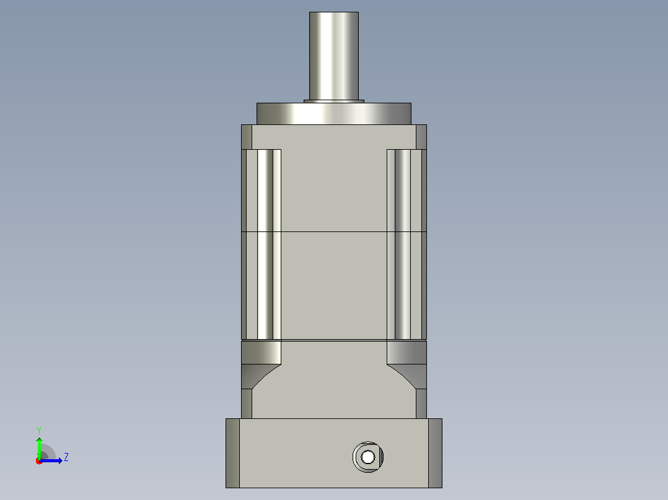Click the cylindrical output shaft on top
[333, 56]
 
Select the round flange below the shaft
[333, 114]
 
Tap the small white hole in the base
[367, 457]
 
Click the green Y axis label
[39, 430]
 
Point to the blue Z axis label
[66, 457]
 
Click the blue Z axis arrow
[51, 460]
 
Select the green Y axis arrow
[39, 448]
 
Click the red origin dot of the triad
[39, 461]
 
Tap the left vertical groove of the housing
[265, 244]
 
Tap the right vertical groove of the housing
[403, 244]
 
